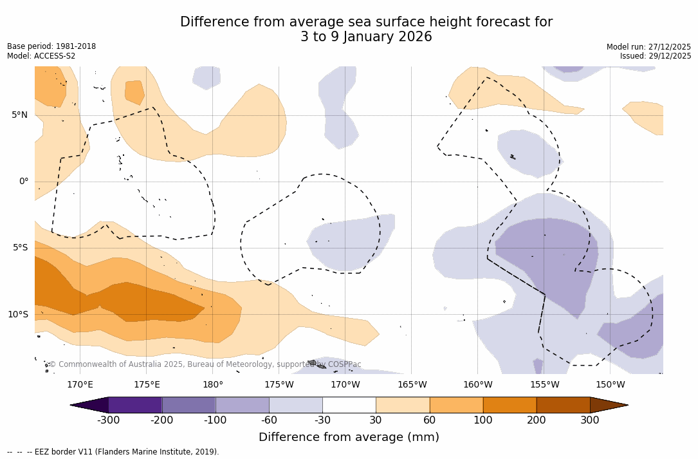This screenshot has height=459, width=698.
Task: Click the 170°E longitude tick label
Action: tap(80, 385)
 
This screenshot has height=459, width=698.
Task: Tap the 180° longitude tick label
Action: tap(213, 385)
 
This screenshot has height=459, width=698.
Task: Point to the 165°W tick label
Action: tap(412, 385)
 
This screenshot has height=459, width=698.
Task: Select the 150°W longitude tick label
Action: tap(611, 385)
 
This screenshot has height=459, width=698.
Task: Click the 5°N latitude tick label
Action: tap(19, 115)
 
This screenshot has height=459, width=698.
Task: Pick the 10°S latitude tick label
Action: tap(17, 315)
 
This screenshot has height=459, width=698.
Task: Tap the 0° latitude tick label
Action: tap(24, 182)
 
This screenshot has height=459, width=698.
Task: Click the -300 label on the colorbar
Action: tap(109, 420)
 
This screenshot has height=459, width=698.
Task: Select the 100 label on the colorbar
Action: tap(483, 420)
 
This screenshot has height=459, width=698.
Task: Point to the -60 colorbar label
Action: tap(269, 420)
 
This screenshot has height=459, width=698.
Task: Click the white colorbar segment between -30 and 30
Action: tap(349, 405)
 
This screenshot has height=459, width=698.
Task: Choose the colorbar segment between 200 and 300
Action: tap(563, 405)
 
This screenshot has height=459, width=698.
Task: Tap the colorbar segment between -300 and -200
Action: tap(135, 405)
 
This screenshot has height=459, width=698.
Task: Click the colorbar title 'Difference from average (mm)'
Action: tap(349, 438)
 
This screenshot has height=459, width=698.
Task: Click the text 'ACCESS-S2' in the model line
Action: tap(54, 56)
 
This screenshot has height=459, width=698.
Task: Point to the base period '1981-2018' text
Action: tap(76, 46)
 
